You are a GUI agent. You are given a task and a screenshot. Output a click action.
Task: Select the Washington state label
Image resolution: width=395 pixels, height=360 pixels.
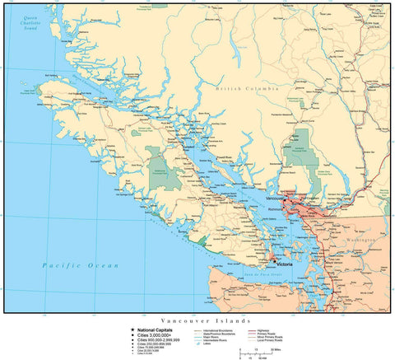360,239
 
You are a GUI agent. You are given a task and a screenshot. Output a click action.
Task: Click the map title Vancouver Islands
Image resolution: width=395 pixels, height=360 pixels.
196,318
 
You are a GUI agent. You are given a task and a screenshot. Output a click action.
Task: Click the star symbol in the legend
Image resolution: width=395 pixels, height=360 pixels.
132,327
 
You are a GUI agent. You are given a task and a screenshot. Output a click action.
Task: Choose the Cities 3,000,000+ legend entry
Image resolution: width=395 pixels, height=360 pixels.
154,333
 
